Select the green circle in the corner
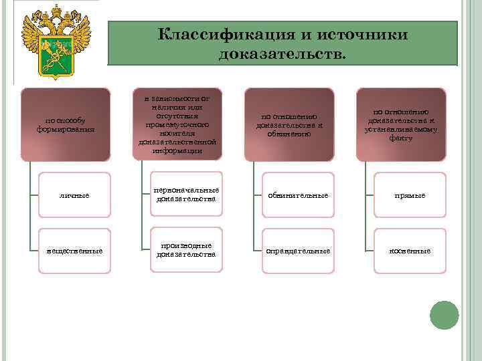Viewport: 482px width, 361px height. coord(444,314)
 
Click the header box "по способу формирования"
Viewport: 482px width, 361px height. coord(65,124)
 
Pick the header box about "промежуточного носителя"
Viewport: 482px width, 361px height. coord(177,124)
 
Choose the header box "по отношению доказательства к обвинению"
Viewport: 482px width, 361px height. coord(289,124)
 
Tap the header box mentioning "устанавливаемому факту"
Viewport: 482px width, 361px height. coord(400,124)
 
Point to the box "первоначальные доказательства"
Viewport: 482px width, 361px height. coord(186,195)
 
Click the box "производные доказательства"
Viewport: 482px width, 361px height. coord(186,251)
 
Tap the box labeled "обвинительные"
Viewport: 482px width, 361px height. coord(298,195)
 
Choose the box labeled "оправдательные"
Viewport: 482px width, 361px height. coord(298,251)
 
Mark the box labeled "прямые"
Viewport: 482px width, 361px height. coord(410,195)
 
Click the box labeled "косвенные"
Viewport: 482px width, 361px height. coord(410,251)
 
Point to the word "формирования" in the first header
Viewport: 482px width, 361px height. coord(65,129)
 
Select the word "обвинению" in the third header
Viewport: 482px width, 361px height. coord(289,133)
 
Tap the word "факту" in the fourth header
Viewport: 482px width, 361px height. coord(400,138)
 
